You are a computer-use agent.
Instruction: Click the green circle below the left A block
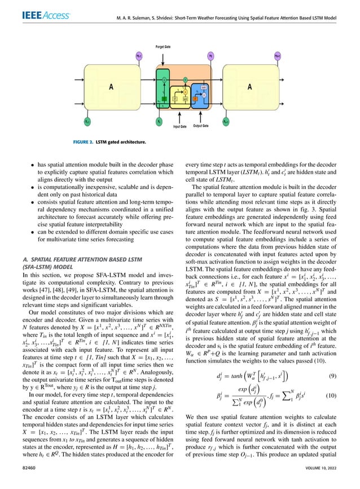[88, 120]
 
